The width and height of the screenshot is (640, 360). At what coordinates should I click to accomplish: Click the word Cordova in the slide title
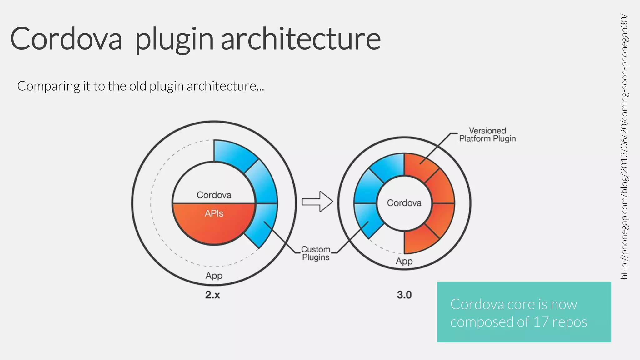coord(66,39)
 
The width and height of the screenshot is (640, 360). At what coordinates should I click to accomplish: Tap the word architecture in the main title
coord(301,39)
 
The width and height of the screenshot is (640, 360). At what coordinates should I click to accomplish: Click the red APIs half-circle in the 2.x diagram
coord(214,227)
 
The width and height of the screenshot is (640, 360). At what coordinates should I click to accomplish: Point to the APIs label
coord(214,213)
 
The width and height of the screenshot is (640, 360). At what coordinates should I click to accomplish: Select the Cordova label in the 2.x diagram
coord(214,195)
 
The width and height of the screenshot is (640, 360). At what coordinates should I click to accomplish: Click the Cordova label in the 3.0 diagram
coord(404,203)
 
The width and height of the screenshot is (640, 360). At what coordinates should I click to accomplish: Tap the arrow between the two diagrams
coord(317,202)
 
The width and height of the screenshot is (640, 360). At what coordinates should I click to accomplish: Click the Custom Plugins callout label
coord(316,253)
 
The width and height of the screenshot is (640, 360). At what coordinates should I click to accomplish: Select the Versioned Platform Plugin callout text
coord(487,134)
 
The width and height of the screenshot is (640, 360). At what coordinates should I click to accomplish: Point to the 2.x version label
coord(212,295)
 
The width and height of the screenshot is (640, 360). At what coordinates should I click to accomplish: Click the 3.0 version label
coord(404,295)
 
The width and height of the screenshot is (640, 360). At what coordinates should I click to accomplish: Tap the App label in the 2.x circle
coord(214,276)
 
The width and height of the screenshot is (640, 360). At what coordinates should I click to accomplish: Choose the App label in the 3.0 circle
coord(404,261)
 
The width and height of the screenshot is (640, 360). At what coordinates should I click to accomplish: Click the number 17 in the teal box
coord(541,322)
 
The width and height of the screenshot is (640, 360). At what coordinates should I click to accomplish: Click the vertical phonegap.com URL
coord(624,147)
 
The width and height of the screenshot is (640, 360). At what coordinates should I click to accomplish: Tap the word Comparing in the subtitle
coord(48,86)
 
